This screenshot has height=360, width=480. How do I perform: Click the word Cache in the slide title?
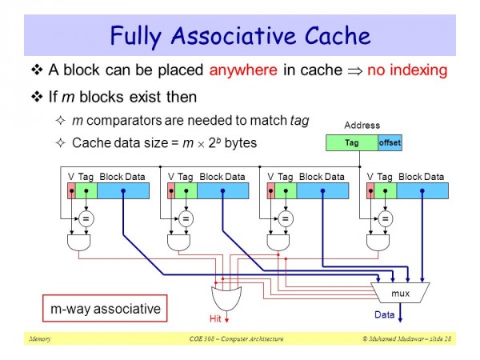click(338, 35)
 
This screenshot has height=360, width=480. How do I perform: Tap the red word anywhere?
click(243, 70)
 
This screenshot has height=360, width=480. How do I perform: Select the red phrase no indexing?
click(407, 70)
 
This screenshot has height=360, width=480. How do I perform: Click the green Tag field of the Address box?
click(352, 142)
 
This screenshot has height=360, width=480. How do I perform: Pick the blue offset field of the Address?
click(390, 142)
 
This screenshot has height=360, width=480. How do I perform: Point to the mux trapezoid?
click(400, 293)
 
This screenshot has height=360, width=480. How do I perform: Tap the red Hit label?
click(215, 318)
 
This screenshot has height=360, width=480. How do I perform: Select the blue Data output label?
click(384, 314)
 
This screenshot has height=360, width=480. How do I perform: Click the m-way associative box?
click(105, 308)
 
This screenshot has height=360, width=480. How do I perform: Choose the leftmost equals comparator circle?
click(86, 218)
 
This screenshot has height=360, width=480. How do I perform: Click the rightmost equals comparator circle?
click(385, 218)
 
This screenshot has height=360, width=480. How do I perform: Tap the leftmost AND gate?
click(78, 242)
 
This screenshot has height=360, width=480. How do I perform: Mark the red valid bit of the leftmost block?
click(71, 190)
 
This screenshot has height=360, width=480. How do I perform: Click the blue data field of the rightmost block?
click(422, 190)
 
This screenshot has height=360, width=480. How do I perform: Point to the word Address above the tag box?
click(362, 126)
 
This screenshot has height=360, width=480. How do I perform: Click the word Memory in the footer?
click(40, 339)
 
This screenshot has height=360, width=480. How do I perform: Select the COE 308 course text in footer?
click(236, 339)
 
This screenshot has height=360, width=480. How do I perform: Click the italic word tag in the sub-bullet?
click(300, 121)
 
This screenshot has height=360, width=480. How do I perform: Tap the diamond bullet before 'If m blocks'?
click(37, 97)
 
